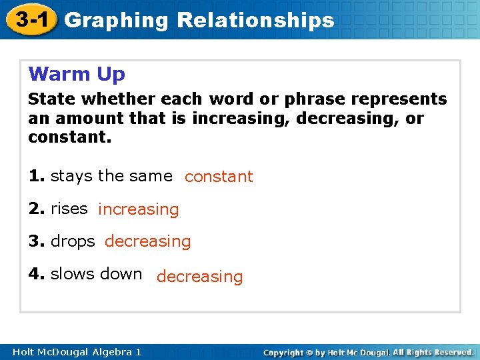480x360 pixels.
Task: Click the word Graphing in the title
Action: [x=117, y=20]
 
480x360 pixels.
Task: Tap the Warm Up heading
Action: [x=77, y=73]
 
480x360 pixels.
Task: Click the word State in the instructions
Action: [x=49, y=99]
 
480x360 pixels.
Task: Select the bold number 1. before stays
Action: [x=37, y=176]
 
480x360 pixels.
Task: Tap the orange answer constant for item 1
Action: [x=219, y=177]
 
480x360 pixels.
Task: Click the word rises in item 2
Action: [x=69, y=209]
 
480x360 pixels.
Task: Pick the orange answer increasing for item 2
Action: [x=138, y=209]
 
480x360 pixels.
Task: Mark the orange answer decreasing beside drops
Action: [x=147, y=241]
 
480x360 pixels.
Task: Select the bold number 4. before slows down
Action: [x=37, y=274]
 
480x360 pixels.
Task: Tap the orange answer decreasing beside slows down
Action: [x=199, y=276]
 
